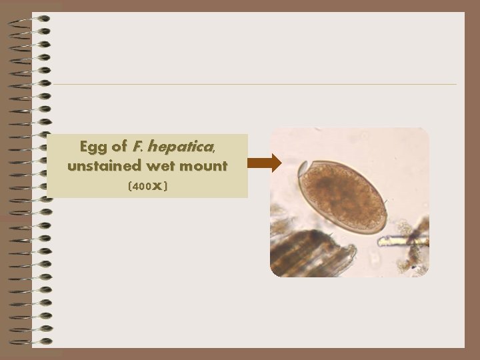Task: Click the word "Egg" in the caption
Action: click(x=93, y=146)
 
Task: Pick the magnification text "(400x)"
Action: click(x=147, y=187)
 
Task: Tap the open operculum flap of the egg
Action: click(x=302, y=167)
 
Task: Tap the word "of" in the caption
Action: click(x=119, y=146)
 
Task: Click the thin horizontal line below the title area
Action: click(x=253, y=85)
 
